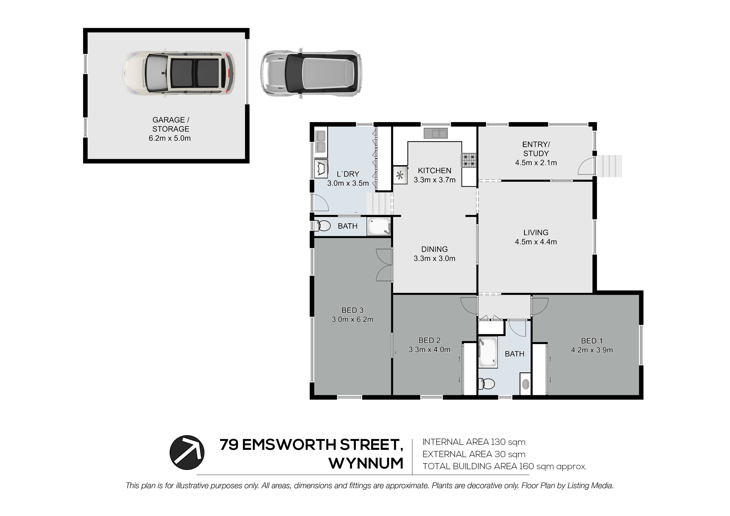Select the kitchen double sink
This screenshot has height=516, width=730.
point(436,133)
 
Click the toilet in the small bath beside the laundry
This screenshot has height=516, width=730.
point(322,226)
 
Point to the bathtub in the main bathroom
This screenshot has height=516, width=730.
point(488,352)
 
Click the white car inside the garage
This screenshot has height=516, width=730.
point(179,73)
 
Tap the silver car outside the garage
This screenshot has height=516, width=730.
point(311,73)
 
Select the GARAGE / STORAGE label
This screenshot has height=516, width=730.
point(171,124)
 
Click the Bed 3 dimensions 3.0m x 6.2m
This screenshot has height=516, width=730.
point(352,319)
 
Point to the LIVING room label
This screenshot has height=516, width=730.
point(536,232)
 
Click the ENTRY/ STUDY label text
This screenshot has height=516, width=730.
point(536,149)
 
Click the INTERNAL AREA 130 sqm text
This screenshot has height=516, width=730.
point(474,442)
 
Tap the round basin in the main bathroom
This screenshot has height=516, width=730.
point(526,385)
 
